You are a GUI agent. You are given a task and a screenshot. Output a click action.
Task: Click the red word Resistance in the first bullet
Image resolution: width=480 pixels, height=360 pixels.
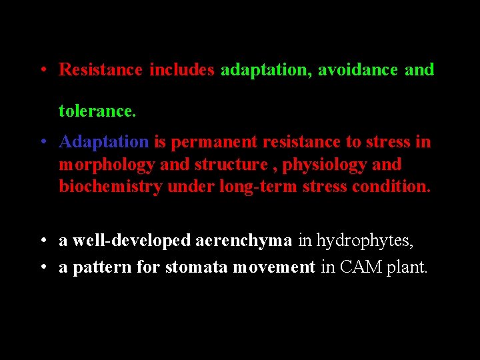click(x=101, y=69)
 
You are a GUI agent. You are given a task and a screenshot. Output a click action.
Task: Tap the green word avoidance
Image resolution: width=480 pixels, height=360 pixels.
click(x=357, y=69)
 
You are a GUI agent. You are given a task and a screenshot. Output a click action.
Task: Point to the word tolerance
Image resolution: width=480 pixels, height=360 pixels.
click(x=97, y=111)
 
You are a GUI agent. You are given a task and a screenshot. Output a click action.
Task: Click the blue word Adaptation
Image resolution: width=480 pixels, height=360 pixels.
click(x=104, y=142)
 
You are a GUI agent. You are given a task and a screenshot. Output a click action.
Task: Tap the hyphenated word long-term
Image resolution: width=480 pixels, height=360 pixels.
click(x=259, y=187)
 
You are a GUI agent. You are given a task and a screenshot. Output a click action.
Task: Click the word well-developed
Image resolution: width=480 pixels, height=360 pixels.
click(x=132, y=241)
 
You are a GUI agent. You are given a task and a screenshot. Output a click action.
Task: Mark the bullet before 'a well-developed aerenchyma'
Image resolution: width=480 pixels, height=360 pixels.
click(x=42, y=241)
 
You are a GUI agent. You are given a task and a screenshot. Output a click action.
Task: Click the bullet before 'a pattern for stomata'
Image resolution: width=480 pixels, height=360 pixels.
click(x=42, y=267)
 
